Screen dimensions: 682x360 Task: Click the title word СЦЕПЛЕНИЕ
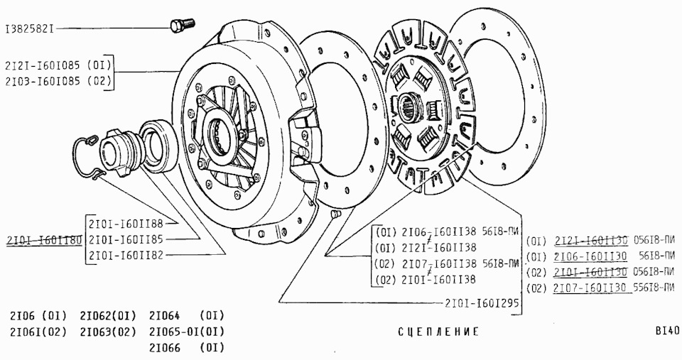point(438,332)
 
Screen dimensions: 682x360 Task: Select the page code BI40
point(668,331)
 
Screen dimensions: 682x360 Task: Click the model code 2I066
point(165,348)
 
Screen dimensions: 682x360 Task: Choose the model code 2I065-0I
point(174,332)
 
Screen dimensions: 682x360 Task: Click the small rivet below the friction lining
point(337,214)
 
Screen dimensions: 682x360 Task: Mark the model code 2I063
point(96,332)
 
